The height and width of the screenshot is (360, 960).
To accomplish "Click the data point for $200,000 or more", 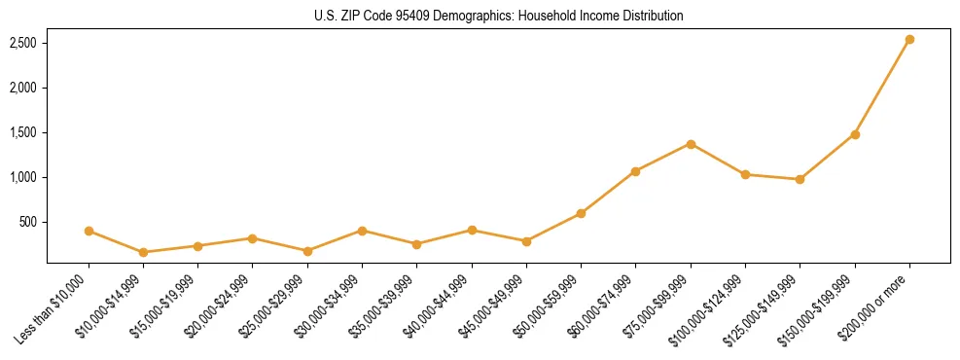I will (909, 40).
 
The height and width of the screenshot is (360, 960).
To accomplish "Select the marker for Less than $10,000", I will (89, 231).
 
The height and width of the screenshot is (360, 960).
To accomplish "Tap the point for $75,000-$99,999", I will (691, 144).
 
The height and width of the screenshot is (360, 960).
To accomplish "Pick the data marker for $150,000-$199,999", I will (855, 134).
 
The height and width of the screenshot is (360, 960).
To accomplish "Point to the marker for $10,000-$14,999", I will (143, 252).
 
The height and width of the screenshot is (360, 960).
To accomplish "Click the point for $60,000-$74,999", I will (635, 171).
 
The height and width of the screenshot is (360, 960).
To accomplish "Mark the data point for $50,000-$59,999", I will (581, 213).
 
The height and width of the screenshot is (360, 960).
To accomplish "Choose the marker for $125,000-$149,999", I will (800, 179).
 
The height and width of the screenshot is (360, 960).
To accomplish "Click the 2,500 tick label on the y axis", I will (23, 43).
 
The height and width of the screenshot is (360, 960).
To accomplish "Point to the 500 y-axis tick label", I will (29, 222).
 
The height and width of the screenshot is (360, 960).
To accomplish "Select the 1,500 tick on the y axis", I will (23, 132).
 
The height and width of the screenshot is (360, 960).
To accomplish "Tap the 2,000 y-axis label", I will (23, 88).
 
